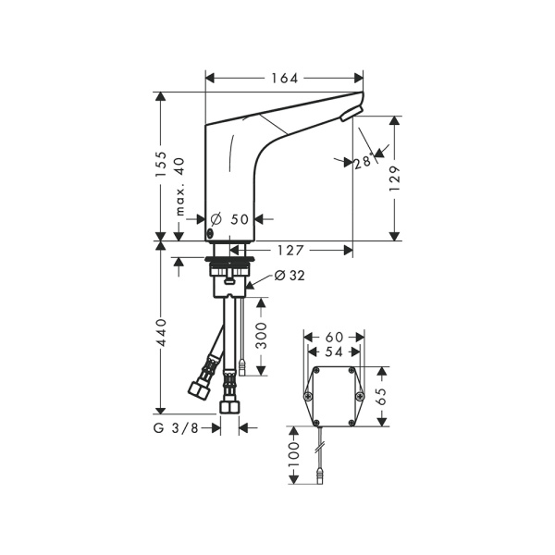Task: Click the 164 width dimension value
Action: point(285,79)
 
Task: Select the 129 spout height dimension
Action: point(394,179)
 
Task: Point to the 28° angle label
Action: point(364,161)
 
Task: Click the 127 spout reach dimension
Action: point(290,251)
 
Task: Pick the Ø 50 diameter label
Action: point(230,219)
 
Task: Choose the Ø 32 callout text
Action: point(290,276)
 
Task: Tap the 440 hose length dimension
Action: point(161,333)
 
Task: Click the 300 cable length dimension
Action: point(261,336)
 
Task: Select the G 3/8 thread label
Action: point(176,428)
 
